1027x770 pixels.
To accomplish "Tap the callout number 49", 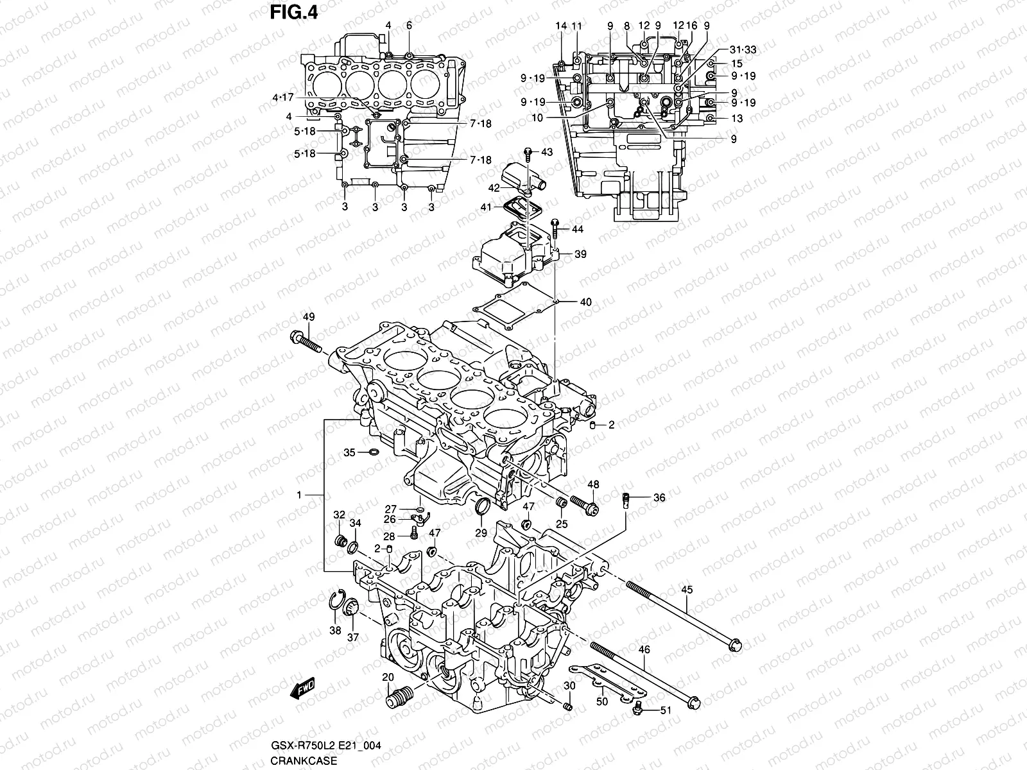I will pyautogui.click(x=309, y=317).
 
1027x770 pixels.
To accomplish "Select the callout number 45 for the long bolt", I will pyautogui.click(x=687, y=590).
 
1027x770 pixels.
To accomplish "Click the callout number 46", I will pyautogui.click(x=644, y=650).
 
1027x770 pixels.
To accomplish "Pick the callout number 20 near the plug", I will pyautogui.click(x=388, y=677).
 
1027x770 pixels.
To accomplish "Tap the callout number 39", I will pyautogui.click(x=580, y=255).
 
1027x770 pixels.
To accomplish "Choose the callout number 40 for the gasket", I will pyautogui.click(x=585, y=302).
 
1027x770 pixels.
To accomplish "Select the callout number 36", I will pyautogui.click(x=659, y=497).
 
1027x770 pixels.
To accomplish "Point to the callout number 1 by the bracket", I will pyautogui.click(x=299, y=495).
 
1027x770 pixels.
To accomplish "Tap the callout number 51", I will pyautogui.click(x=665, y=710).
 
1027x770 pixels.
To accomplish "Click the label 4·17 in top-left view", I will pyautogui.click(x=282, y=98).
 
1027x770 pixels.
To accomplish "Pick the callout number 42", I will pyautogui.click(x=493, y=188).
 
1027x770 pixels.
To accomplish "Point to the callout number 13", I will pyautogui.click(x=737, y=119).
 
